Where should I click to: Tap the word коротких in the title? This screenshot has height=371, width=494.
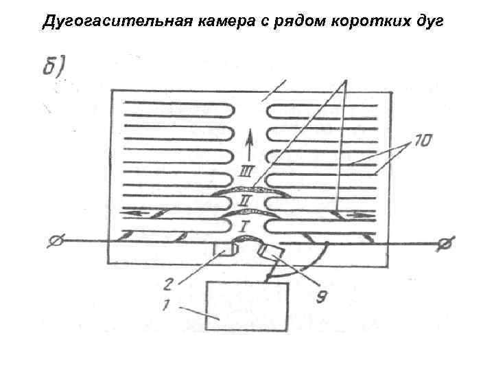tap(369, 23)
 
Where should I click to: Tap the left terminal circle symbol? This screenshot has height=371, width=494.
tap(56, 242)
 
